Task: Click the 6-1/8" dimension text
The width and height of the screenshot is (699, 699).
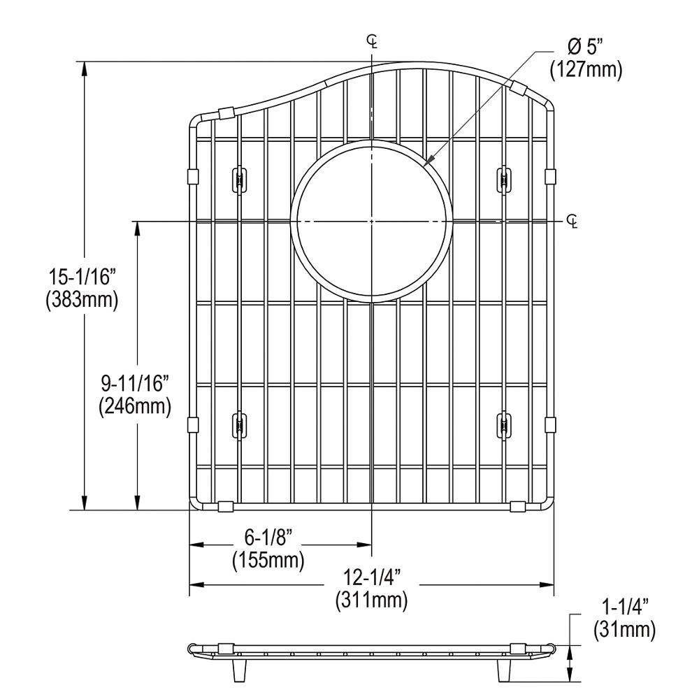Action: (267, 538)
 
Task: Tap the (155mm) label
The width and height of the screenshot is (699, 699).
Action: (267, 560)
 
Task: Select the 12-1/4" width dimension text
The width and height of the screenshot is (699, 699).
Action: (371, 577)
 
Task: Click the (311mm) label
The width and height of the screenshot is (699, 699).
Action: (371, 599)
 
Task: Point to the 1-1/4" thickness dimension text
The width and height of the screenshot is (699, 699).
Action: (624, 608)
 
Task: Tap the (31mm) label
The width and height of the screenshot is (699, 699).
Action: (624, 630)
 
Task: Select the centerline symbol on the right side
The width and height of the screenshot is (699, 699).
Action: (573, 222)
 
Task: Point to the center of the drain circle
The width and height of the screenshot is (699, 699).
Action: (372, 221)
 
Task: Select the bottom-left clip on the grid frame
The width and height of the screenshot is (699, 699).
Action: (225, 505)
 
